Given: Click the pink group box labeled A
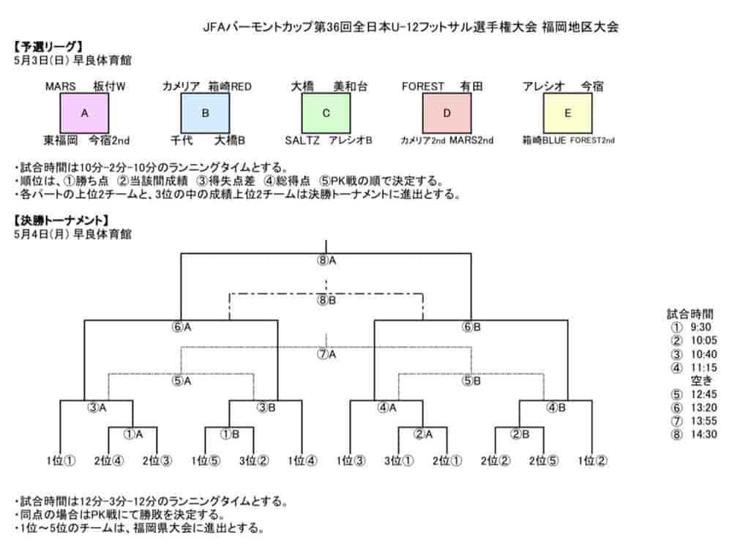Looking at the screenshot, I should [84, 113].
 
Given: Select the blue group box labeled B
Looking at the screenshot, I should [205, 113].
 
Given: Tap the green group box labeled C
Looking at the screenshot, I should [326, 113].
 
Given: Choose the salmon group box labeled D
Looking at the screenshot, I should [447, 113].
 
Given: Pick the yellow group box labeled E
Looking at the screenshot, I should [568, 113].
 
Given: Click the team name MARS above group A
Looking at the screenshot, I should [61, 86].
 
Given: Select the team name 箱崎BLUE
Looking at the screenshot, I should [544, 140].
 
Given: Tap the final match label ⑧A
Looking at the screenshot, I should [326, 261].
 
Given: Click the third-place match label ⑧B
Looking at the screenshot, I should [326, 300].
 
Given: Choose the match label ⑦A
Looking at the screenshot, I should [326, 354].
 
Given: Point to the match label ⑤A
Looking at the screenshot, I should [182, 381].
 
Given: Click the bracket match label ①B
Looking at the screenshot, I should [230, 434].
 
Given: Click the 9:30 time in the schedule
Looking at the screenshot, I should [701, 327].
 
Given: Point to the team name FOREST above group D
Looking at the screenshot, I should [423, 86].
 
